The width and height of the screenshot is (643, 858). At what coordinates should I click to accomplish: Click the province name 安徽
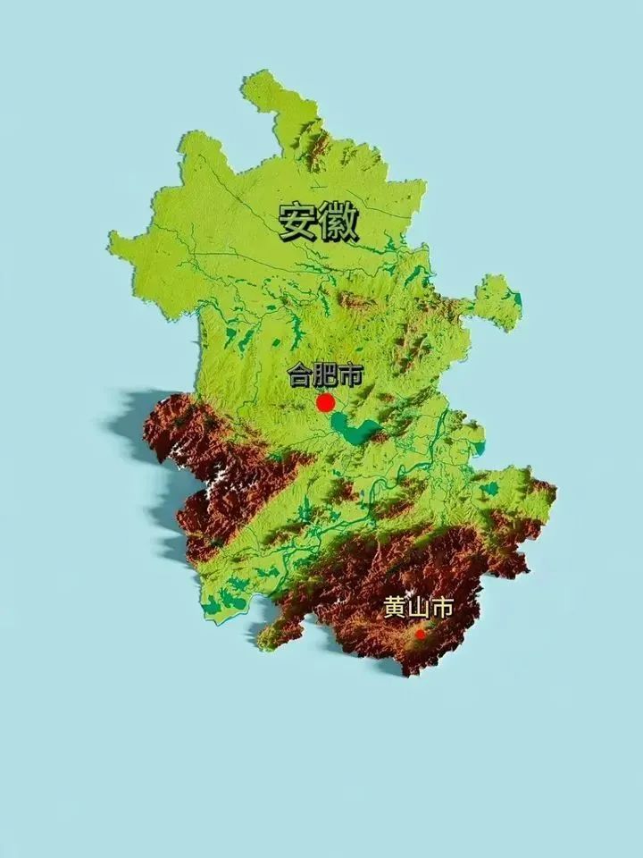tap(318, 223)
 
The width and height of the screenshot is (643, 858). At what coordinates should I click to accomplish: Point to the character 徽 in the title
tap(338, 223)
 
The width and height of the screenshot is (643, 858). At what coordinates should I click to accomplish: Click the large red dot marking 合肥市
tap(326, 402)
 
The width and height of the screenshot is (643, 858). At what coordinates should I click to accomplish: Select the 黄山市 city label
tap(418, 609)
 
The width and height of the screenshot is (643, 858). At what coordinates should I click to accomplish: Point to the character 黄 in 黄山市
tap(395, 609)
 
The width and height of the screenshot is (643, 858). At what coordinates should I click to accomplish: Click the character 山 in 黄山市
tap(418, 609)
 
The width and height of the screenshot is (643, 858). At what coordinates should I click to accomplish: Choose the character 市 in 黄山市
tap(441, 609)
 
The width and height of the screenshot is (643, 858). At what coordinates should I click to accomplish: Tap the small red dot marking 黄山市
tap(420, 634)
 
